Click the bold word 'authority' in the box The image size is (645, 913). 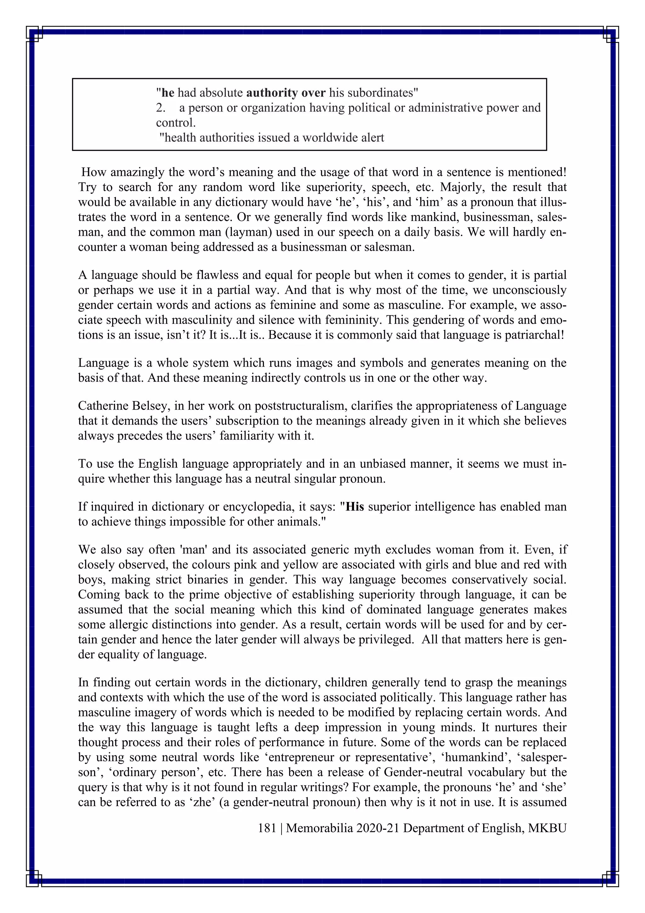(x=272, y=93)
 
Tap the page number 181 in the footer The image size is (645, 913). (x=267, y=828)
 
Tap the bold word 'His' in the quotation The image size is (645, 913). (x=355, y=507)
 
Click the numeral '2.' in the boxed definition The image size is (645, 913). (x=160, y=108)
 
